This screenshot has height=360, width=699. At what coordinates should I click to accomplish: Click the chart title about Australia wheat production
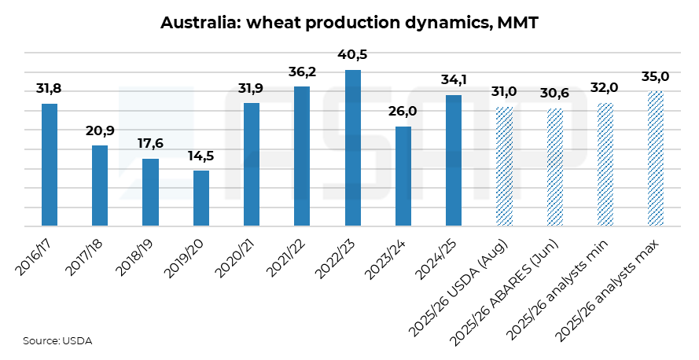pos(349,22)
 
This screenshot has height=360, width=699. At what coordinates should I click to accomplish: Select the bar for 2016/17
pos(50,165)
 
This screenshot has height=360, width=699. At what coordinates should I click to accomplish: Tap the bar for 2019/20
pos(201,198)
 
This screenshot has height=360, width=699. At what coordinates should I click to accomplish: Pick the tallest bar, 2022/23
pos(352,148)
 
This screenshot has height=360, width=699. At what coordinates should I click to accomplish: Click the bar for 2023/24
pos(403,176)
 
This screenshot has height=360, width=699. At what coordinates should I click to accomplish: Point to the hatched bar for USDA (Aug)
pos(504,166)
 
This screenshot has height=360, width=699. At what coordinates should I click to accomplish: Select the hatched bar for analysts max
pos(655,159)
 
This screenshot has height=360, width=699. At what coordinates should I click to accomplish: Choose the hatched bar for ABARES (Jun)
pos(554,167)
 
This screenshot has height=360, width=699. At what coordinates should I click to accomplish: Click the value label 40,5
pos(352,55)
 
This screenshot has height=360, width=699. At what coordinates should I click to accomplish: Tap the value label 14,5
pos(201,156)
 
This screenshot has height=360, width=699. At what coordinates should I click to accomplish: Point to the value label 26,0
pos(403,112)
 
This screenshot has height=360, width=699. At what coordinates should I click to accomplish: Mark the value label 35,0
pos(655,76)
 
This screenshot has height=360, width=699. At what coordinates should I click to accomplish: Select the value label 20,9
pos(100,131)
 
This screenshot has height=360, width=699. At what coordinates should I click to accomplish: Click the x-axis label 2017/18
pos(84,258)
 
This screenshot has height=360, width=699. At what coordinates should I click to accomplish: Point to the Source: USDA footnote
pos(57,341)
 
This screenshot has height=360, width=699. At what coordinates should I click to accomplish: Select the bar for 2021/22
pos(302,156)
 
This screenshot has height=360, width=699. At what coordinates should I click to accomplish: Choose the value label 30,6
pos(554,94)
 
